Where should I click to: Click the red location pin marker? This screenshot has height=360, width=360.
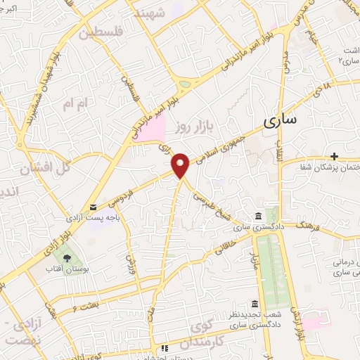coord(181,165)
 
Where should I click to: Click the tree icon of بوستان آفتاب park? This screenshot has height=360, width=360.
coord(67,259)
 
